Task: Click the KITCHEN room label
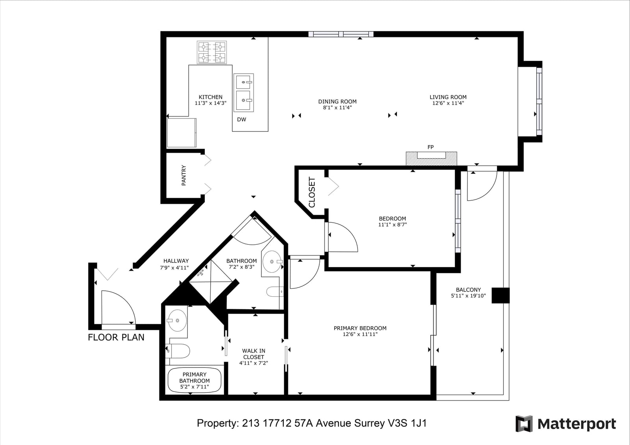[x=210, y=97]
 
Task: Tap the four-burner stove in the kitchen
[x=212, y=52]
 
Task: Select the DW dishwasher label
[x=242, y=120]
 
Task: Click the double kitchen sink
[x=244, y=92]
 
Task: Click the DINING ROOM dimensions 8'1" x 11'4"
[x=337, y=108]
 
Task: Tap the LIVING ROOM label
[x=448, y=97]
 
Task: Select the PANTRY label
[x=183, y=175]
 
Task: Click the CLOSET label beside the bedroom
[x=312, y=192]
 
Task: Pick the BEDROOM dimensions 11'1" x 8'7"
[x=392, y=225]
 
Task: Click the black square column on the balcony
[x=500, y=295]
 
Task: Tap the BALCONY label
[x=468, y=290]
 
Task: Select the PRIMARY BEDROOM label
[x=360, y=328]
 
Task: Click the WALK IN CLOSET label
[x=254, y=354]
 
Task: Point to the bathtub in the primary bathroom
[x=195, y=380]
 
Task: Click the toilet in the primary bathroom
[x=178, y=351]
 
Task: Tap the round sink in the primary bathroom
[x=177, y=320]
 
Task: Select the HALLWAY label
[x=176, y=261]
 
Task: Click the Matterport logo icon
[x=524, y=424]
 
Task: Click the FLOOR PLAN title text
[x=116, y=337]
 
